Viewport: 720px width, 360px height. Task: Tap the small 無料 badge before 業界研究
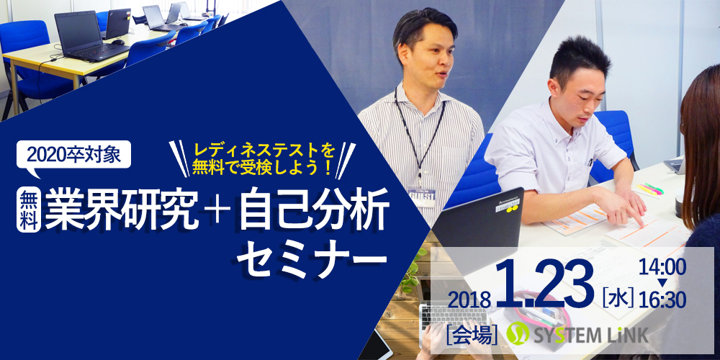(x=29, y=211)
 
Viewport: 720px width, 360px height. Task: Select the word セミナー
(x=312, y=261)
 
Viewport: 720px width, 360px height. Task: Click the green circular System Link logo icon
(x=518, y=333)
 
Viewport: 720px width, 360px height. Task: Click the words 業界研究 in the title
(x=122, y=210)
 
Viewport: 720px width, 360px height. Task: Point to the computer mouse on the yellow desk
(x=118, y=42)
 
